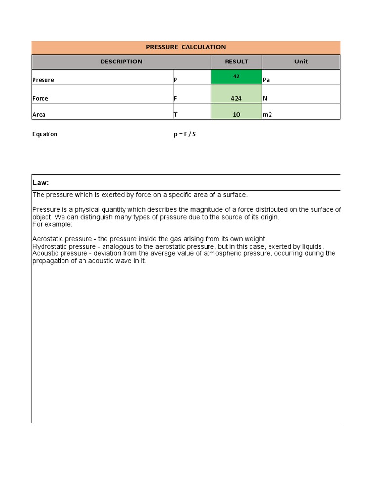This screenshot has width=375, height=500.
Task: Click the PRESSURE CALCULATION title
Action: pos(186,47)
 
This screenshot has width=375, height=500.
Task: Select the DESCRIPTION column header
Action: pos(121,62)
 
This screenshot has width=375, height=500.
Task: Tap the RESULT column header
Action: pos(236,62)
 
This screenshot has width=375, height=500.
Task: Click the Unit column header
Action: pos(301,62)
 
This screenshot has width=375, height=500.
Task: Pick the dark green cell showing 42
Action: pos(236,77)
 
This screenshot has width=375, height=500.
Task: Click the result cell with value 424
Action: pos(236,98)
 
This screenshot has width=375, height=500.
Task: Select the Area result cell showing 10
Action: pos(236,115)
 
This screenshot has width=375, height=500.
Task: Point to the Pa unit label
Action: pos(266,80)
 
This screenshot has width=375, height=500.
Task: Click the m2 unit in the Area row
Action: pos(267,115)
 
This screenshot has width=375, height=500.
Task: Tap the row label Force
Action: pos(40,98)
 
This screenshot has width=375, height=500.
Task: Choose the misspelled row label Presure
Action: pos(43,80)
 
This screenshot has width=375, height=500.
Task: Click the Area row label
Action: pos(39,115)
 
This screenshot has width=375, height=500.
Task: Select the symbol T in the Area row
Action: pos(175,115)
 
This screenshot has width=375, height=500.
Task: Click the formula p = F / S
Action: pos(184,134)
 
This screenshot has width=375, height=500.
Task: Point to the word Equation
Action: pos(44,134)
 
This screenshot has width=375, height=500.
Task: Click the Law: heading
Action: pos(41,183)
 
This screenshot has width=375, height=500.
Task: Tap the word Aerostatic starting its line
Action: pos(47,239)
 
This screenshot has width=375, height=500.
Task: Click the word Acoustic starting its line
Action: pos(45,254)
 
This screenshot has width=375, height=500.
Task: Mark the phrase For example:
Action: pos(52,224)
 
